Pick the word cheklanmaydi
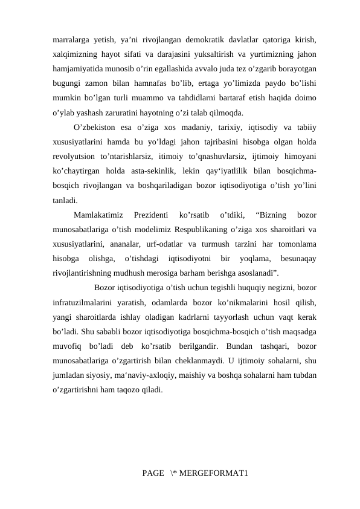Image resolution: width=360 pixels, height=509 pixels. tap(186, 361)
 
